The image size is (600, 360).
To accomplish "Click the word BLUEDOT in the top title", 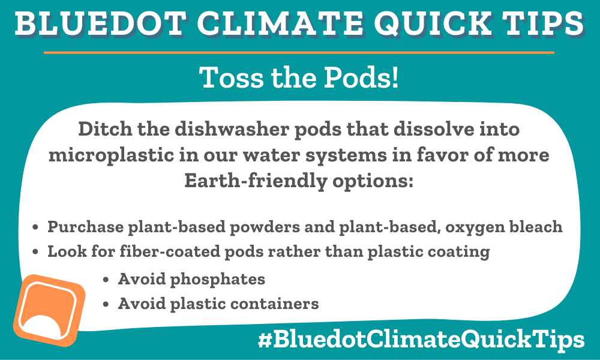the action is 100,24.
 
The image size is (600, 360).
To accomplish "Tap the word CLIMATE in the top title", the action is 280,24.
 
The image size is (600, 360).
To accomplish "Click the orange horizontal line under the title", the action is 299,52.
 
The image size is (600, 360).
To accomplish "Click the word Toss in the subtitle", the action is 232,77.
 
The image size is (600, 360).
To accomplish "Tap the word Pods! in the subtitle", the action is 361,77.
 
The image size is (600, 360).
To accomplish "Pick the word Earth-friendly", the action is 255,181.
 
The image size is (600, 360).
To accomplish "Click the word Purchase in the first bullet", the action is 85,227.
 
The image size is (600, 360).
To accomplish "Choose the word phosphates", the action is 217,280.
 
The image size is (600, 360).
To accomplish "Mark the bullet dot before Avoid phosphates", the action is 106,280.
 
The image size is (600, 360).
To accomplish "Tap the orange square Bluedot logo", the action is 49,310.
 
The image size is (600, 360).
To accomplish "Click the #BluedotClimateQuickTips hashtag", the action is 421,340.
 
